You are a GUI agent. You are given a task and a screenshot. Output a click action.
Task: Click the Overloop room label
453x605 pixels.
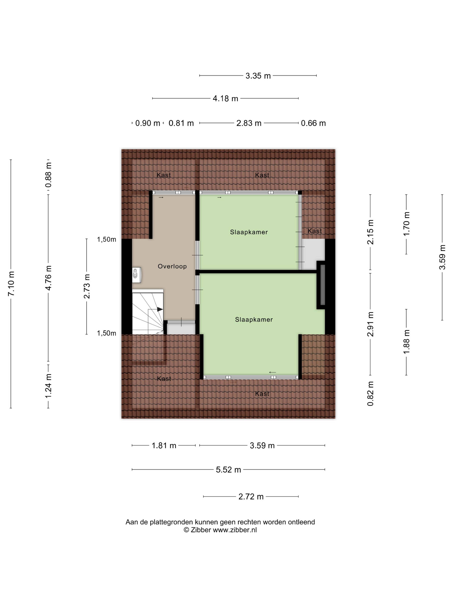172,266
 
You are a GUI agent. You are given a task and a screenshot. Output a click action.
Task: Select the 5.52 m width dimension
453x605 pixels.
228,470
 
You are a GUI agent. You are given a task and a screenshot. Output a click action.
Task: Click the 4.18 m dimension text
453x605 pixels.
225,98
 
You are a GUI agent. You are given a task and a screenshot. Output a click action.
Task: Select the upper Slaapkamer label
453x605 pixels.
249,232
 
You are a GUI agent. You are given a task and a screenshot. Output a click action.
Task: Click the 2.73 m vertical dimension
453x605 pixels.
87,286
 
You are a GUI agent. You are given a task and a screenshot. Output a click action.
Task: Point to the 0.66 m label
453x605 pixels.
313,123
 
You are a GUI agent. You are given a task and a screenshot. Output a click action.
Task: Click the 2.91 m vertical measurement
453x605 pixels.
370,324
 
